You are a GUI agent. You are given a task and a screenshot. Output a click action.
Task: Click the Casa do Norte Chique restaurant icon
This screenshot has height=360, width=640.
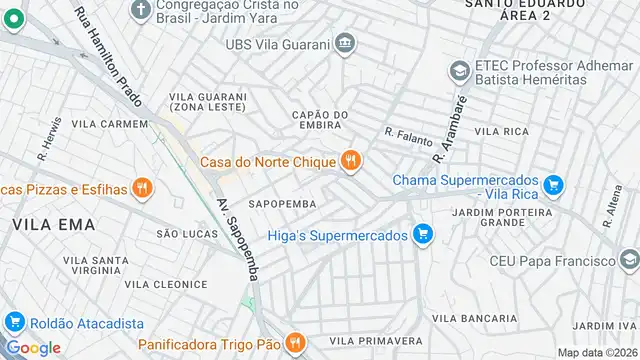pos(350,161)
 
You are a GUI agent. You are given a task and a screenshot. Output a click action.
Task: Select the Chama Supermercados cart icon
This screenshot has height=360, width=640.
pos(554,184)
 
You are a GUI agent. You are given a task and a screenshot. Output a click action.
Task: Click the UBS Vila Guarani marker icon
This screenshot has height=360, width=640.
pos(345,43)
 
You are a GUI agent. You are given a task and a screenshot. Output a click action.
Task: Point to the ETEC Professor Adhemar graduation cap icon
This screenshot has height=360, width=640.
pos(459,70)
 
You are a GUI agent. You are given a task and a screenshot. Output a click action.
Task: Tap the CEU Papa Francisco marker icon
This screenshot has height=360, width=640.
pos(630,261)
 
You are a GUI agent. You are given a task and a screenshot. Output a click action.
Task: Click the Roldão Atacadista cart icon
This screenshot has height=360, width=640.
pos(14,323)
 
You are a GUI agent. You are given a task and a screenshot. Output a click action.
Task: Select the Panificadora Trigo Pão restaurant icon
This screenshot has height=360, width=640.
pos(294,343)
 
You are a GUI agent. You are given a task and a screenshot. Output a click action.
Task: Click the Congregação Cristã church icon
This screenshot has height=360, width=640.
pos(141,8)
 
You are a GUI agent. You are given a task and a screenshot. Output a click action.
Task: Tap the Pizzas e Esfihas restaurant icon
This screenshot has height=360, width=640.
pos(142,187)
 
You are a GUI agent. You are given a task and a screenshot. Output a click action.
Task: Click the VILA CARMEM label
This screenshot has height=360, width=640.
pos(110,124)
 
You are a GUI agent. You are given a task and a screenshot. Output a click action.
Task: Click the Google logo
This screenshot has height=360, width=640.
pos(33,347)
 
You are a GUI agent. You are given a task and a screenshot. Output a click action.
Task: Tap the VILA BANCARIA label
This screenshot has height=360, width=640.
pos(474,317)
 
